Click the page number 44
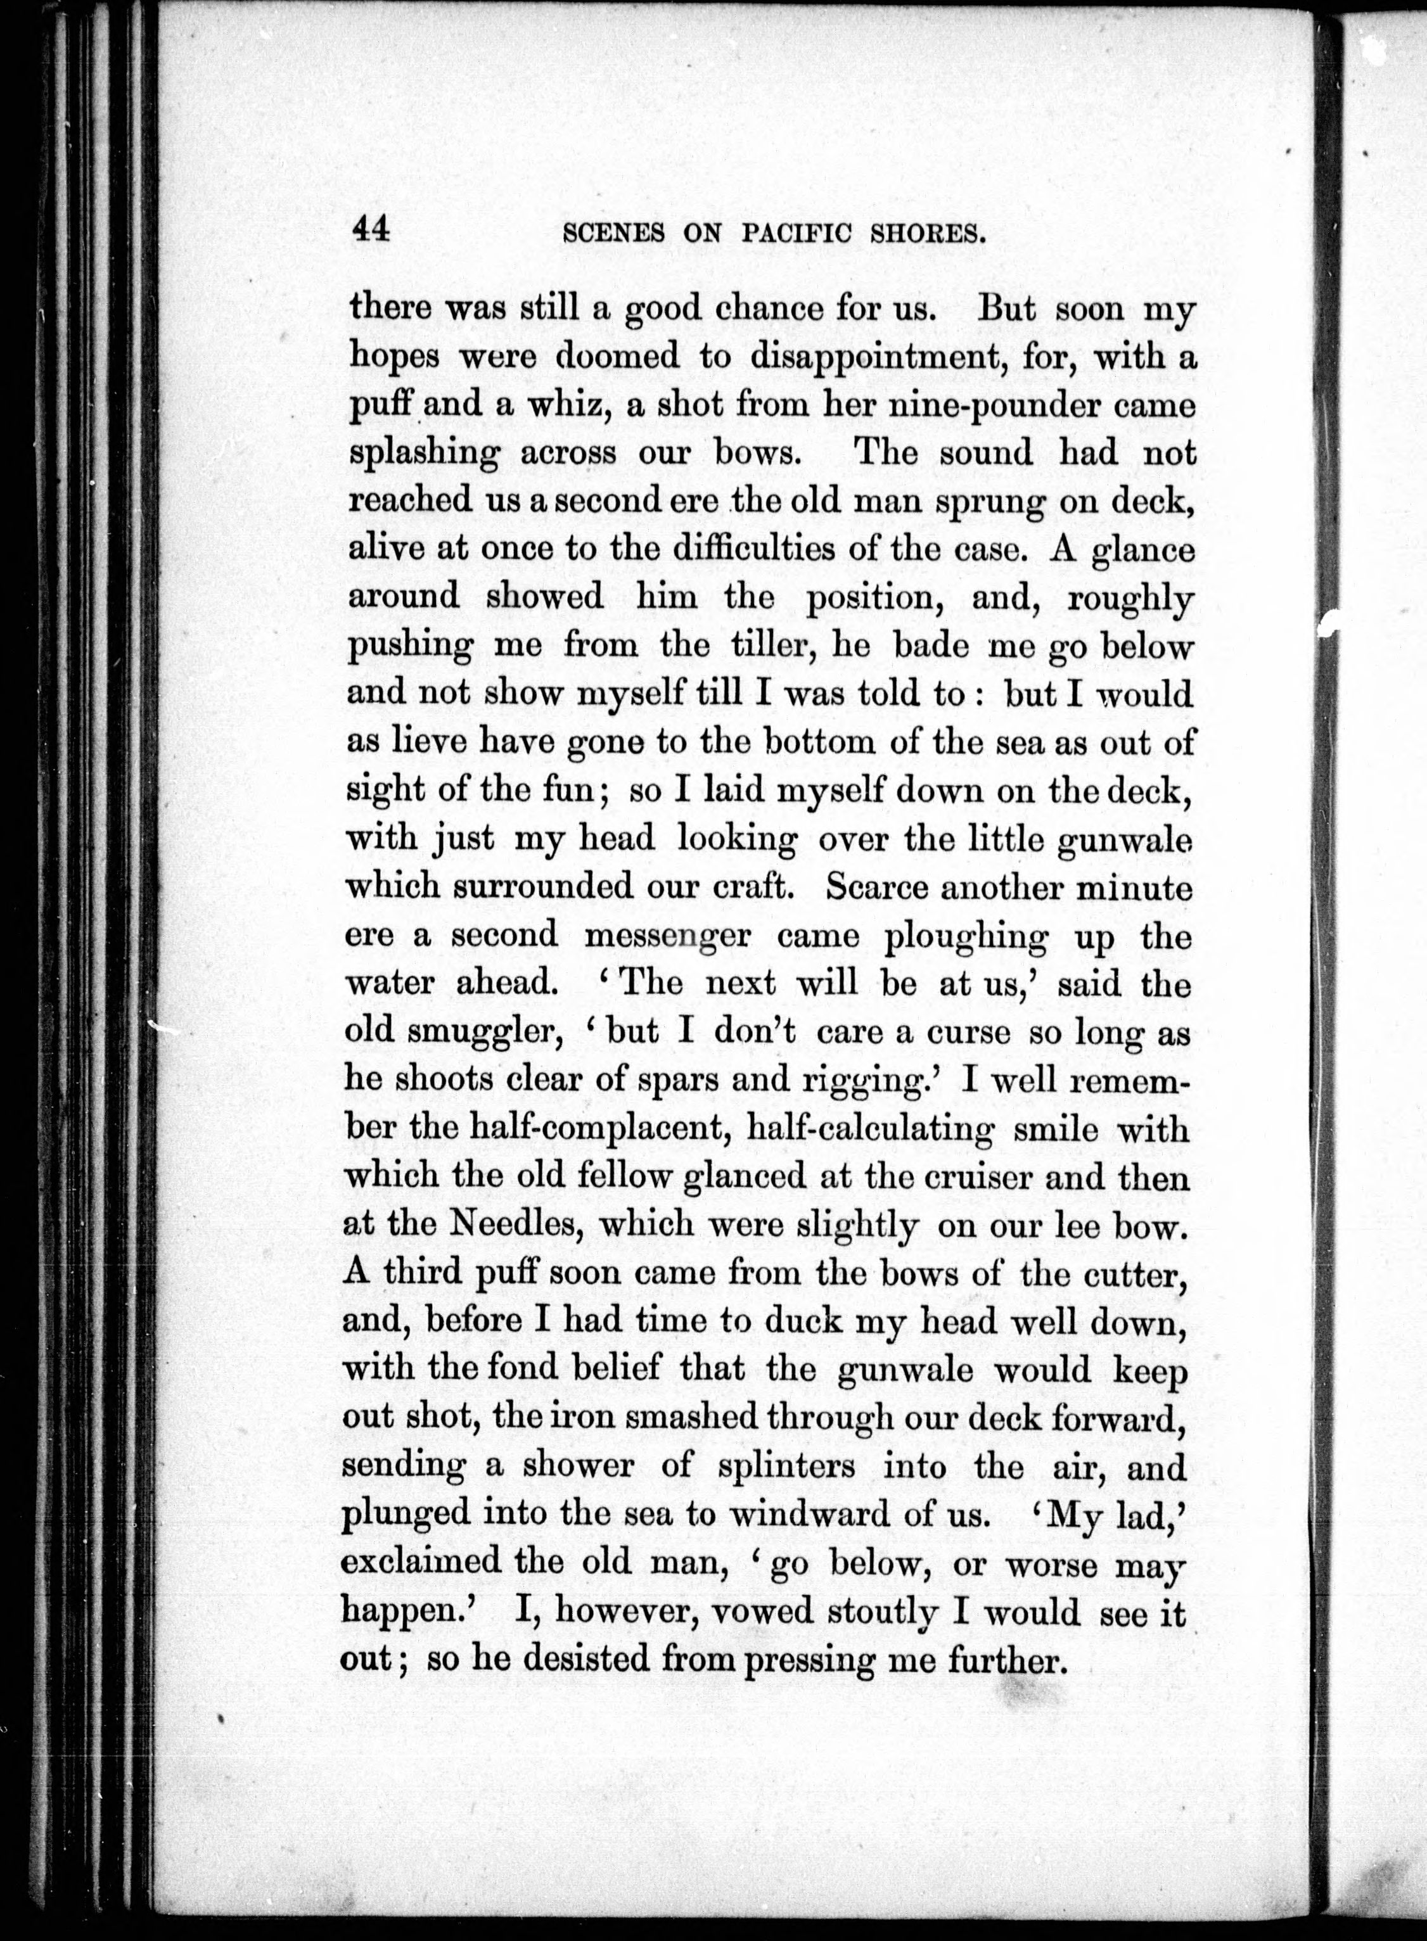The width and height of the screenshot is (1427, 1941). (371, 231)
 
